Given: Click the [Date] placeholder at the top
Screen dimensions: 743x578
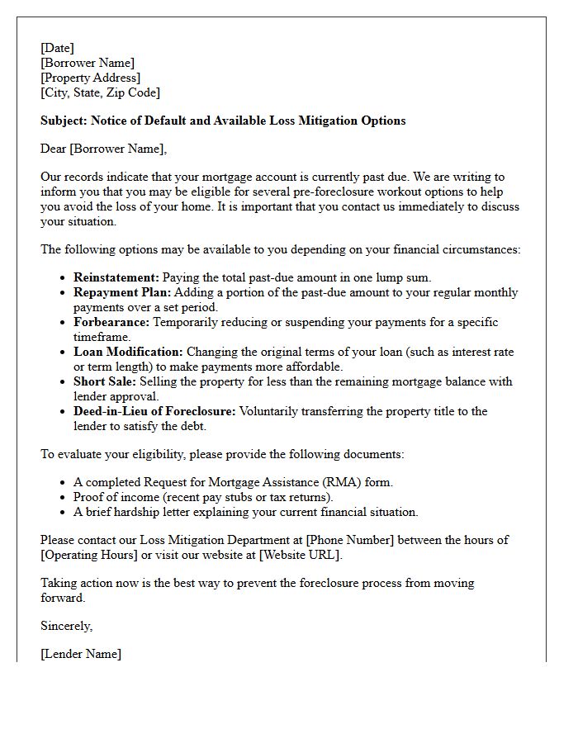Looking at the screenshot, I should (57, 48).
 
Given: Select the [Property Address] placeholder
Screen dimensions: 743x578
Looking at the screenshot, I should (91, 78).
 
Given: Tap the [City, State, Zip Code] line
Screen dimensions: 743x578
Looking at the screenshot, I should (100, 92).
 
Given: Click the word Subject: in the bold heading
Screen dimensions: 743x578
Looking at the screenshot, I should (64, 121).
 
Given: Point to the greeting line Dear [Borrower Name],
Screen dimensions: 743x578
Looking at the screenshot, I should (103, 149).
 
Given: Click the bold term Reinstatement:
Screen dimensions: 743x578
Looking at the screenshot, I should (116, 277).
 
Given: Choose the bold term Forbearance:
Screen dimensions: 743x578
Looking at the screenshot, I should (112, 322).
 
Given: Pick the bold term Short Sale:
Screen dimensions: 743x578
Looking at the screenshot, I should (104, 381).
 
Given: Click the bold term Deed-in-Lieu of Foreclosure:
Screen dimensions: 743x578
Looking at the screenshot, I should (154, 411).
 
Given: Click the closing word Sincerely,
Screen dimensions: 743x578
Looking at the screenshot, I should (67, 626).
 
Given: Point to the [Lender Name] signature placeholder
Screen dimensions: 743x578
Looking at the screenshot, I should (81, 654).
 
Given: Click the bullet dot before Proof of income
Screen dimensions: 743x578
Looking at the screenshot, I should (64, 498).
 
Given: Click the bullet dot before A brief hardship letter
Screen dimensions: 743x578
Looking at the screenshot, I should (64, 513).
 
